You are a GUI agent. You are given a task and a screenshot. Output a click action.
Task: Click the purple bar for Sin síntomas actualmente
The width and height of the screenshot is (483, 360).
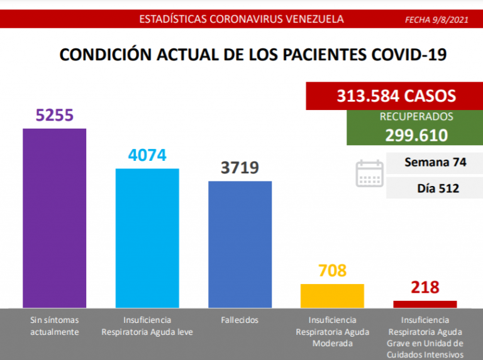(x=55, y=217)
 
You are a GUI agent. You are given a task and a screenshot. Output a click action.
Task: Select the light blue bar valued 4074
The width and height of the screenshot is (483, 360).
(x=147, y=237)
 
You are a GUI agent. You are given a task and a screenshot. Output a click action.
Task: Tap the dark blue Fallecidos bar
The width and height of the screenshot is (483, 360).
(x=240, y=244)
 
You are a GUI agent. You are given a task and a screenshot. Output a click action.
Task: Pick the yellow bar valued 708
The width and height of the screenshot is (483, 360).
(x=332, y=295)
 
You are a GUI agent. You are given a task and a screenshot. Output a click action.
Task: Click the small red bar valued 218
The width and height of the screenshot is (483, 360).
(x=425, y=304)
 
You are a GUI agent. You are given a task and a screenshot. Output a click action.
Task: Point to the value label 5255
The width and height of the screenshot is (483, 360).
(x=55, y=116)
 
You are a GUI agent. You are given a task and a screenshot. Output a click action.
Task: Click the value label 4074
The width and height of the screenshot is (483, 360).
(x=147, y=155)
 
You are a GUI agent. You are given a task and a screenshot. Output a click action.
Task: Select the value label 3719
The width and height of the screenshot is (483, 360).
(x=240, y=168)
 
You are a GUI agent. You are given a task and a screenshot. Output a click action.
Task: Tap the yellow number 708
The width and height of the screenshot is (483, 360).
(x=332, y=271)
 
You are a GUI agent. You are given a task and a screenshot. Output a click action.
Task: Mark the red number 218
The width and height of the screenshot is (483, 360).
(x=425, y=288)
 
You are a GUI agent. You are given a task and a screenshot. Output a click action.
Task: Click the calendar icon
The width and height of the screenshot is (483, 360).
(x=369, y=173)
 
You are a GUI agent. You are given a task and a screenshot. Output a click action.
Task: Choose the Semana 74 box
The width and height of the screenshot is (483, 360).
(x=435, y=162)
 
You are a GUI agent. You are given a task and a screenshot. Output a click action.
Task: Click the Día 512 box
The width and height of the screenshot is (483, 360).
(x=435, y=187)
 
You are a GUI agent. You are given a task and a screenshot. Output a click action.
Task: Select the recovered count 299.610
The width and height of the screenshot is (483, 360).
(x=416, y=135)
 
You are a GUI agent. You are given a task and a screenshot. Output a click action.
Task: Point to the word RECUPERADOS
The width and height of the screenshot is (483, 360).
(x=416, y=117)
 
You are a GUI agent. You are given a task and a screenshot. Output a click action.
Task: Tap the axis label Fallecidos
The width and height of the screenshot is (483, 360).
(x=240, y=320)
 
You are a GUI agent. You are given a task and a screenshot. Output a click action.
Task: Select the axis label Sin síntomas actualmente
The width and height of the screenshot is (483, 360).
(x=55, y=325)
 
